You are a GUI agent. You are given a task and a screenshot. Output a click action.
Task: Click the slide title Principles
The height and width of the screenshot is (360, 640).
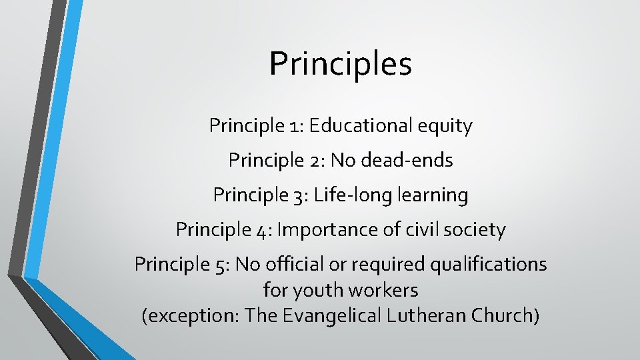coord(341,64)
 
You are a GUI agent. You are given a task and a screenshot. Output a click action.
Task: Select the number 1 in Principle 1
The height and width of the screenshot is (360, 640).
coord(295,126)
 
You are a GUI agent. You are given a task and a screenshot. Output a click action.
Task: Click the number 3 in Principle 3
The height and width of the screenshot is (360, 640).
coord(300,195)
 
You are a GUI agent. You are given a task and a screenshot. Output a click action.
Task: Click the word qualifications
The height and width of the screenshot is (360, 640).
coord(488,265)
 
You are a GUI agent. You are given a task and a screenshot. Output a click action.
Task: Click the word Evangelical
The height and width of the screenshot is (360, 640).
coord(331,315)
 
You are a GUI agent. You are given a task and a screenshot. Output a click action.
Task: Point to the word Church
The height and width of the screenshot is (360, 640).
coord(504,315)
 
